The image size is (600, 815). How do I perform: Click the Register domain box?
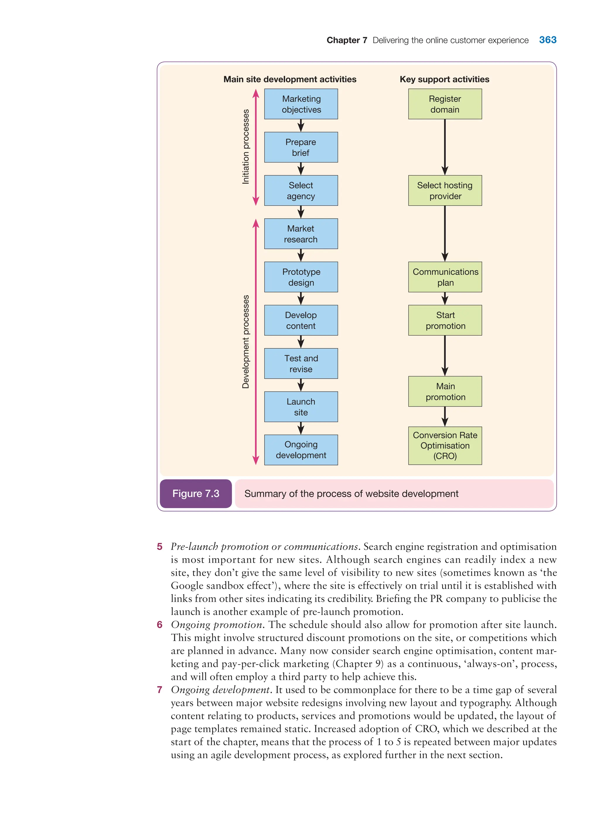(x=445, y=104)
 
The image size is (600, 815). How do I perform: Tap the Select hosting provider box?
(x=445, y=191)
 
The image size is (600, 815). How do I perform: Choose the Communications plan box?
(x=445, y=277)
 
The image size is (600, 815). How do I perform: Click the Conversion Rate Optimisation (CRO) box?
(x=445, y=445)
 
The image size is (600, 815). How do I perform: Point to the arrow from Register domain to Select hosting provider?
(x=445, y=147)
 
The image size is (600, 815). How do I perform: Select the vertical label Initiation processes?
(x=246, y=147)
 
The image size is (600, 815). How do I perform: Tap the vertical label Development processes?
(x=246, y=342)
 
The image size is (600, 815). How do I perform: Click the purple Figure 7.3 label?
(x=196, y=494)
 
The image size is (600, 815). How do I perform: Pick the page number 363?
(x=548, y=40)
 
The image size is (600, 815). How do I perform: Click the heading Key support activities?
(x=444, y=79)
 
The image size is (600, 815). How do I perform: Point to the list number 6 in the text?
(x=159, y=625)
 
